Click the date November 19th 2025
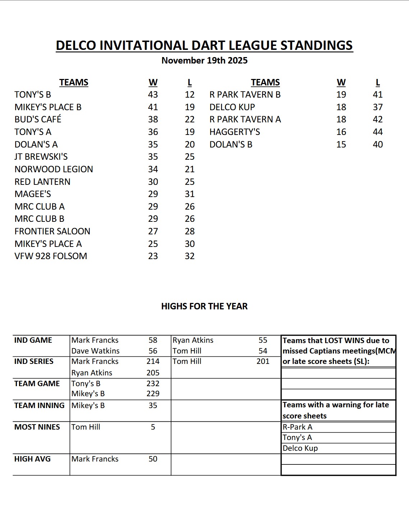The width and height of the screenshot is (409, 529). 204,60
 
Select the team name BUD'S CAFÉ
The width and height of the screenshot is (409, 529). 38,119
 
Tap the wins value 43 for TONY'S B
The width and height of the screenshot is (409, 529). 153,94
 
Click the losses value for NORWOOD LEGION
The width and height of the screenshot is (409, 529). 190,169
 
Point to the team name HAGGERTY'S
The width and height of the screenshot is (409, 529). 235,132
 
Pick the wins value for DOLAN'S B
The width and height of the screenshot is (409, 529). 341,144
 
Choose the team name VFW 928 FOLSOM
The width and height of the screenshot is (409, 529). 51,256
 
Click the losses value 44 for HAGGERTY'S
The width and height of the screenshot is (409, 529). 378,132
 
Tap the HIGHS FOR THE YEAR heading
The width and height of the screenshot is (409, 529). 204,306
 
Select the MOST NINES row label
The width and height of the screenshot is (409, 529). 37,427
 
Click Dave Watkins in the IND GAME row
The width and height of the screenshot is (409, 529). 96,351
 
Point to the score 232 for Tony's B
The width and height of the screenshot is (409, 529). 153,383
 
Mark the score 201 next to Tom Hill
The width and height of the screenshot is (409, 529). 263,361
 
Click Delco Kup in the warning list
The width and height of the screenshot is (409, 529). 300,448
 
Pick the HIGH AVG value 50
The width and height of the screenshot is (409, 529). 153,459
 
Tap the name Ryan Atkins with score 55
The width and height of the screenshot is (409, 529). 193,340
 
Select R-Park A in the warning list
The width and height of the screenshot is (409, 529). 298,427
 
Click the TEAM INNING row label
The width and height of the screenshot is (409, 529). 40,405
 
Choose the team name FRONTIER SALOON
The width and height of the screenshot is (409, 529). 52,231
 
